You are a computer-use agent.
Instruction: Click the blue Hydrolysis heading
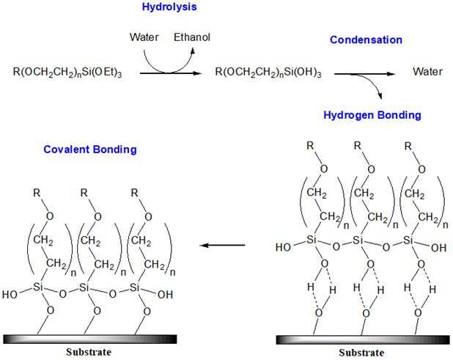(x=169, y=9)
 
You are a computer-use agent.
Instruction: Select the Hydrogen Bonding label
(x=372, y=115)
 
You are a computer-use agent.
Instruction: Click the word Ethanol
(x=192, y=37)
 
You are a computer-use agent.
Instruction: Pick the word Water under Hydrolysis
(x=144, y=37)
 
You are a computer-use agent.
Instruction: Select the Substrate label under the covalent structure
(x=86, y=352)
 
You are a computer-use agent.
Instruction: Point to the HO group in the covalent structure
(x=10, y=295)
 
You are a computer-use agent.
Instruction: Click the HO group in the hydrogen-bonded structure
(x=282, y=249)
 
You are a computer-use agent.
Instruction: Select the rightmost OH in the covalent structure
(x=167, y=295)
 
